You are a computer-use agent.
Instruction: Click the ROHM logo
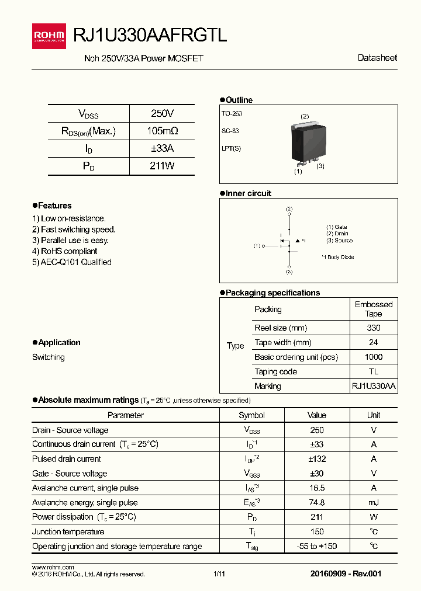(x=50, y=36)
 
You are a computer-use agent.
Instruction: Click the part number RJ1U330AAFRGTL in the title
(x=150, y=36)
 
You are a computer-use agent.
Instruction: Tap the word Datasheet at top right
(x=377, y=58)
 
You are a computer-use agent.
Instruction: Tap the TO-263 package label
(x=232, y=113)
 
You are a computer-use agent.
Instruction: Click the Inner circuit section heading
(x=249, y=193)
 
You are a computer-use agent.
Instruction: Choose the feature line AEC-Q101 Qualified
(x=72, y=262)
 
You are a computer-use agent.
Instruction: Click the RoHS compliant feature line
(x=65, y=251)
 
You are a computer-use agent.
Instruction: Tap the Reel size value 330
(x=373, y=328)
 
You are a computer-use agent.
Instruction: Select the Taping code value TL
(x=373, y=371)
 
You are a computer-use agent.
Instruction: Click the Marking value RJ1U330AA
(x=373, y=386)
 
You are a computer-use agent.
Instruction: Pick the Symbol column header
(x=251, y=415)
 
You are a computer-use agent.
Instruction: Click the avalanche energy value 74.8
(x=316, y=502)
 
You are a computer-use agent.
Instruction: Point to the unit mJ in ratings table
(x=373, y=502)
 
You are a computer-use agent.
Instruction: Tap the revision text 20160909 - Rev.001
(x=346, y=573)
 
